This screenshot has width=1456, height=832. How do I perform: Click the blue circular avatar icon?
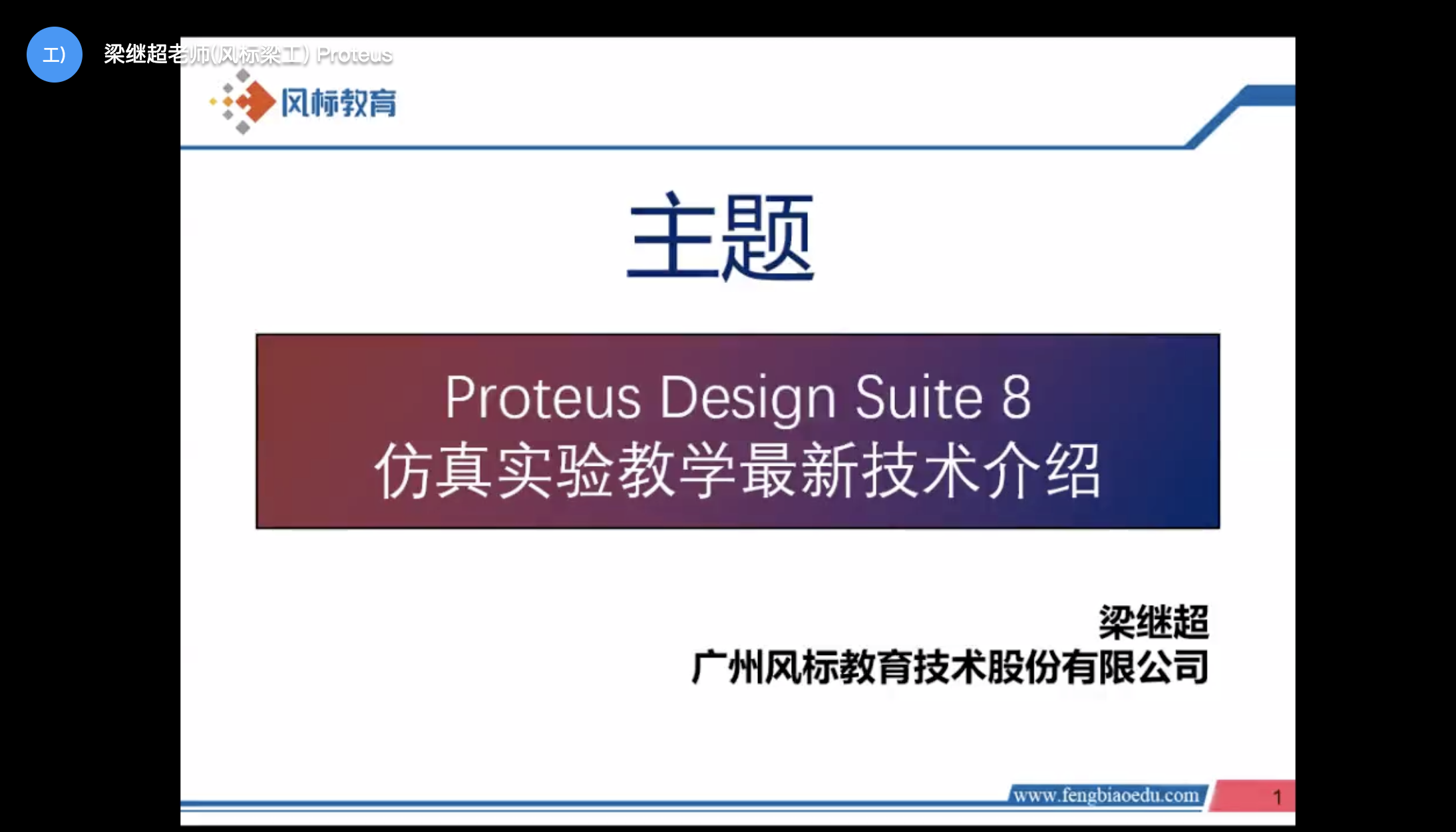[x=55, y=55]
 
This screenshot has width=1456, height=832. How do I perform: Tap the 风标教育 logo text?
[x=339, y=103]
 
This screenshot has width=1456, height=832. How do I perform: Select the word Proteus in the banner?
[x=543, y=397]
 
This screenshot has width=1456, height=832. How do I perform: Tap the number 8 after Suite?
[x=1016, y=397]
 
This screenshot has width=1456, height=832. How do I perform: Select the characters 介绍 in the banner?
[x=1043, y=471]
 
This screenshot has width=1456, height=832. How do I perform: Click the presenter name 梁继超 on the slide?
[x=1154, y=622]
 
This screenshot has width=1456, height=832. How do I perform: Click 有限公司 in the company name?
[x=1135, y=667]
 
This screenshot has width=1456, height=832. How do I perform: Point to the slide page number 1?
[x=1277, y=797]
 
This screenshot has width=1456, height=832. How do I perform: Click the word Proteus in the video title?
[x=354, y=55]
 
